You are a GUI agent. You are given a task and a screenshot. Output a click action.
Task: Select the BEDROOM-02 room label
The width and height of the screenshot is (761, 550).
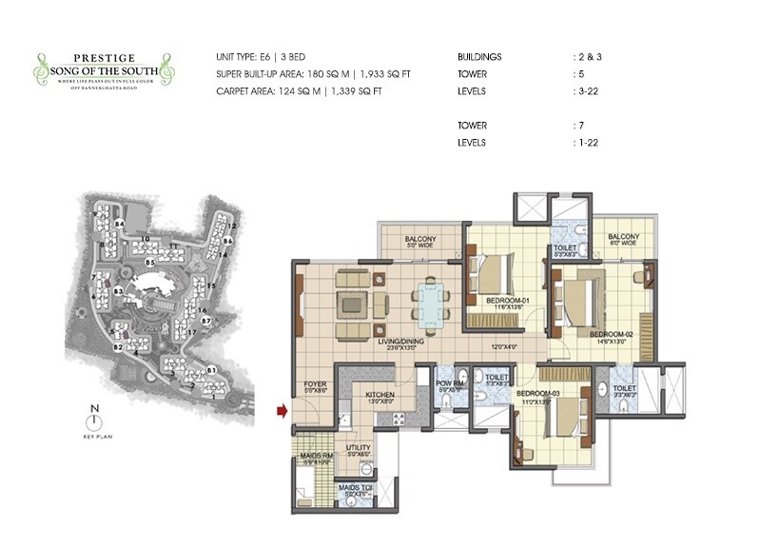click(x=609, y=334)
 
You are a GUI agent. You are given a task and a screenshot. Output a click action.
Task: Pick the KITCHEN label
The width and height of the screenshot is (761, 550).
click(x=380, y=394)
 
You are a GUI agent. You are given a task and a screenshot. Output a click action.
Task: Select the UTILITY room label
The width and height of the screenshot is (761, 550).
click(x=358, y=446)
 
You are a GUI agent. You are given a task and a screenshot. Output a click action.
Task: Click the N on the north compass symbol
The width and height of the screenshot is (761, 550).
click(x=93, y=410)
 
